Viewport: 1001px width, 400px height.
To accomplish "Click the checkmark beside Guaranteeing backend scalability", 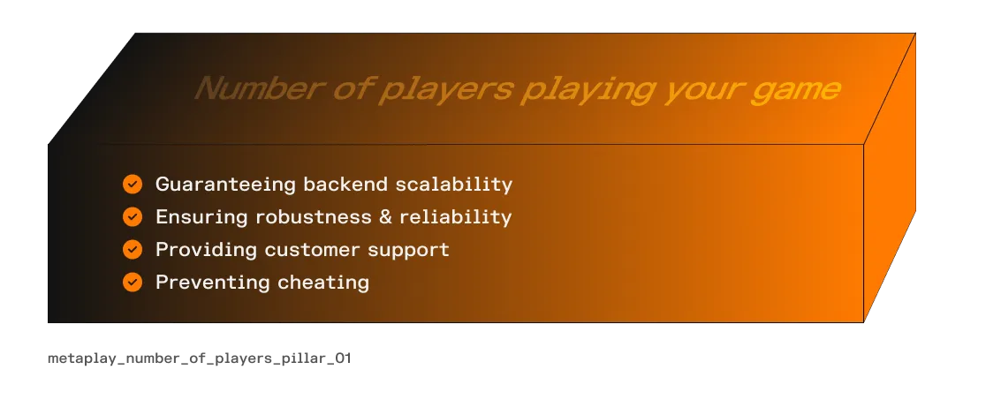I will (133, 185).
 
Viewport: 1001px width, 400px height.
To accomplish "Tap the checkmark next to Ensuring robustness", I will (133, 216).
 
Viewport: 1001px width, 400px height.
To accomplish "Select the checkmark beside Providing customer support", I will (133, 250).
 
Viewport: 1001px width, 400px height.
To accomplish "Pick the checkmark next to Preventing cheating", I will (133, 283).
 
